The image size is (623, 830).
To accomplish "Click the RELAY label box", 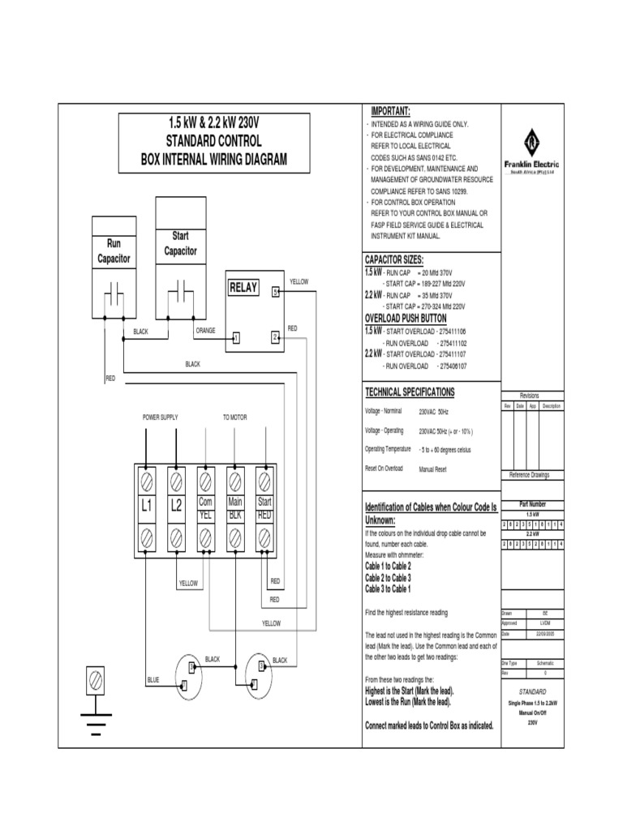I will click(x=244, y=288).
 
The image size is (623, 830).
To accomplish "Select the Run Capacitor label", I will click(x=114, y=251).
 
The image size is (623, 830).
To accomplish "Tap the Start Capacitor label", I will click(x=180, y=244).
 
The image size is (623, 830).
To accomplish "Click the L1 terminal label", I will click(x=147, y=507).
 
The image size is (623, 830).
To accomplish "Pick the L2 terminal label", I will click(x=176, y=507).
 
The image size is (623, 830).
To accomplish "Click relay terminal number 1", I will click(x=236, y=337).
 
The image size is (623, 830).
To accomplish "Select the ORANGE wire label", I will click(x=205, y=331).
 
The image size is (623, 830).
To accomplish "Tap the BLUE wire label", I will click(x=153, y=678).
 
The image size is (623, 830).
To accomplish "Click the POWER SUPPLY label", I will click(x=160, y=417).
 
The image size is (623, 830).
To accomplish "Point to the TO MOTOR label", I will click(x=235, y=417).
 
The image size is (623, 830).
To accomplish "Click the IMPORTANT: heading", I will click(x=391, y=111).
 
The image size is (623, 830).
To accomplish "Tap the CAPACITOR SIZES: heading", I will click(x=394, y=259).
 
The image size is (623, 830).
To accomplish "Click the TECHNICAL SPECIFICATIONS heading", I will click(x=410, y=392).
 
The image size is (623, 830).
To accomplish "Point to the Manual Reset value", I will click(x=434, y=468).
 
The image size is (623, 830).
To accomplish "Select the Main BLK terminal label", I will click(x=235, y=507).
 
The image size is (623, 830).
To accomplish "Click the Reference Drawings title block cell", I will click(x=529, y=474).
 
